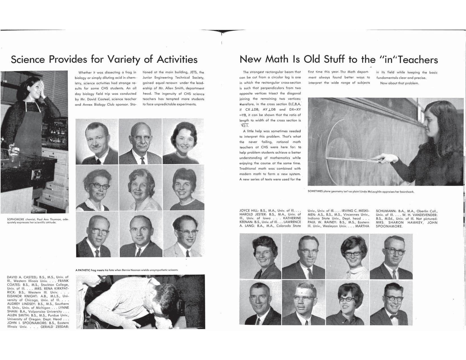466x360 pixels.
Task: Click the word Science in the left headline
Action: coord(28,59)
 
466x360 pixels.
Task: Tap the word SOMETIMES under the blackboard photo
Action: coord(315,192)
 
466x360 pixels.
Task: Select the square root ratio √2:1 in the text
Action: coord(243,126)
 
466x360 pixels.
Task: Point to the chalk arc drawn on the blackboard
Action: coord(329,147)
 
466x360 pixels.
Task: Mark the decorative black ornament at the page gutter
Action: coord(222,32)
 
